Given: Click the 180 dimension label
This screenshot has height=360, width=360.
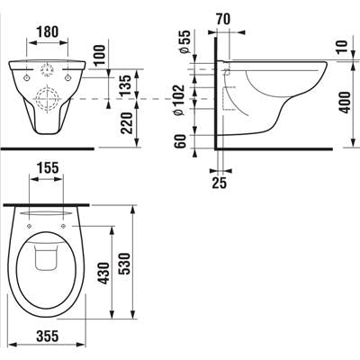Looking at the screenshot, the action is coord(48,31).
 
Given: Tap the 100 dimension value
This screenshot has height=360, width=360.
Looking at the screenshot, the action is coord(100,55).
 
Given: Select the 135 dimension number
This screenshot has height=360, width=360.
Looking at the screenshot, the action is coord(126,85).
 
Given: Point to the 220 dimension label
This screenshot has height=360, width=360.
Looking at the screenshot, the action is coord(126,123).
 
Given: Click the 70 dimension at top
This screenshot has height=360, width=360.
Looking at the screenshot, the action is coord(223,19).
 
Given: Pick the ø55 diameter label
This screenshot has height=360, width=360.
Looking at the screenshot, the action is coord(184,42).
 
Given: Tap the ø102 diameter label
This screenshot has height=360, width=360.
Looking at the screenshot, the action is coord(179,100).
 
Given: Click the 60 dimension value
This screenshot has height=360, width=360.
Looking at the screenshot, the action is coord(181,141).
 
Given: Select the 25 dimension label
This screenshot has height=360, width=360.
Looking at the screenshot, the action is coord(220,183).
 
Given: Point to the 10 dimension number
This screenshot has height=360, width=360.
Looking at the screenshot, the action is coord(343,46).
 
